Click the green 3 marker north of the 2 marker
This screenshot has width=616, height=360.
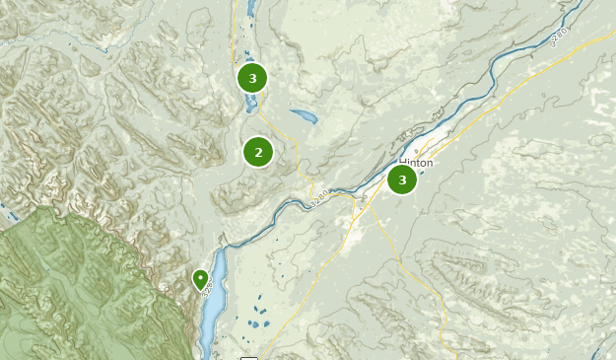pyautogui.click(x=253, y=78)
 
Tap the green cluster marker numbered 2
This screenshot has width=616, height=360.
pyautogui.click(x=258, y=152)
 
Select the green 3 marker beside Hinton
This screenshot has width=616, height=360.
pyautogui.click(x=402, y=180)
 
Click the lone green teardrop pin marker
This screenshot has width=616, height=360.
pyautogui.click(x=201, y=281)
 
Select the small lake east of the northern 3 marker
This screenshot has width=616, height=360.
pyautogui.click(x=303, y=116)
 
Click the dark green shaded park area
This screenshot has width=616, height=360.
pyautogui.click(x=79, y=286)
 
